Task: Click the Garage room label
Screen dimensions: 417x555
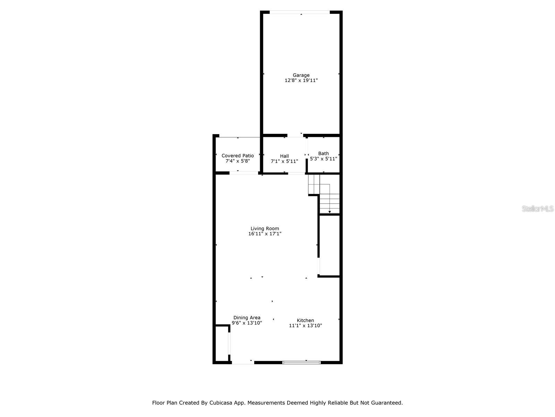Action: (301, 75)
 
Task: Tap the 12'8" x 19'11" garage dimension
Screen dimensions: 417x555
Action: (301, 81)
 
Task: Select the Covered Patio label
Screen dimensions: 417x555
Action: (238, 156)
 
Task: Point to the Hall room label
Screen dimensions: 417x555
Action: (284, 156)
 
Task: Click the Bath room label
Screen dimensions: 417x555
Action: (323, 153)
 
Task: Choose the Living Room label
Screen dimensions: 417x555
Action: (265, 229)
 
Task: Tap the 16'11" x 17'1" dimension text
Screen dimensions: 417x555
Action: (265, 234)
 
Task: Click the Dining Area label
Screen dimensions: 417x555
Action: (247, 318)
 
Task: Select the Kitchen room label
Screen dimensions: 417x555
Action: (305, 320)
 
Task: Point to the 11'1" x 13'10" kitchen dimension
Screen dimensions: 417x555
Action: (305, 326)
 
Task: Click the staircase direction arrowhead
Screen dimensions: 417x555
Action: (330, 212)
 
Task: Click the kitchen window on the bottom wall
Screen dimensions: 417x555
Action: (301, 362)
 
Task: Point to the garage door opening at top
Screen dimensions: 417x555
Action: (300, 13)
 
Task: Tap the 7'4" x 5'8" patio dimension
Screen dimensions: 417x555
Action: (238, 161)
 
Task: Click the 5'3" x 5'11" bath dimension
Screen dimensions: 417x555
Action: (323, 159)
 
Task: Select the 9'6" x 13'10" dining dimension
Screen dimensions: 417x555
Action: (247, 323)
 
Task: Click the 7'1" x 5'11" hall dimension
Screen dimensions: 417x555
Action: (284, 162)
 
